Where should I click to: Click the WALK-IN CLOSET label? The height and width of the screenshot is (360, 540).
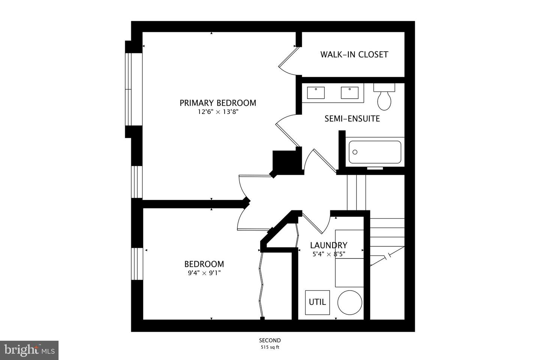(x=354, y=54)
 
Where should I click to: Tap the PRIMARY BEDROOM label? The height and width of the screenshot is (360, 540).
(x=217, y=103)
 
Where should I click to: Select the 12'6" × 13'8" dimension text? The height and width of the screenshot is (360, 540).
(x=218, y=112)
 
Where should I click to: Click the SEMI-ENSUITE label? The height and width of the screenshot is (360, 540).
(x=352, y=119)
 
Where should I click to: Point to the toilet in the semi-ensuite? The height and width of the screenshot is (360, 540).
(x=384, y=97)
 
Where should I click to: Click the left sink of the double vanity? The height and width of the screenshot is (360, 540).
(x=316, y=92)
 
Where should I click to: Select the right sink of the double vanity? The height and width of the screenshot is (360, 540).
(x=349, y=92)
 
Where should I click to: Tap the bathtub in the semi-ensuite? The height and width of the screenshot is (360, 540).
(x=375, y=152)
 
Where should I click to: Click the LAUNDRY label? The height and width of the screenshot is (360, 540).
(x=328, y=245)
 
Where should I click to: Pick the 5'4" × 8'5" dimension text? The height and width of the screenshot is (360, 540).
(x=328, y=254)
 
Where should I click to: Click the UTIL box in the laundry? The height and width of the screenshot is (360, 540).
(x=317, y=302)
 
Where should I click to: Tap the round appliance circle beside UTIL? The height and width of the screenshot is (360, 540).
(x=349, y=303)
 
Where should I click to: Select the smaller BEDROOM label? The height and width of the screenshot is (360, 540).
(x=204, y=264)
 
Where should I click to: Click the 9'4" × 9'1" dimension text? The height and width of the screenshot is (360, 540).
(x=204, y=273)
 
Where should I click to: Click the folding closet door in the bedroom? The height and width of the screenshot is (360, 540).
(x=261, y=285)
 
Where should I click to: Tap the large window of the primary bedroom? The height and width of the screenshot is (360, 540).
(x=129, y=89)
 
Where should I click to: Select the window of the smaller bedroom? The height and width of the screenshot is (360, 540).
(x=137, y=264)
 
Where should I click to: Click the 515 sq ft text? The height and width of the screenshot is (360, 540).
(x=270, y=347)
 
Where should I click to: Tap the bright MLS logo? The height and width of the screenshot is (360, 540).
(x=29, y=350)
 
